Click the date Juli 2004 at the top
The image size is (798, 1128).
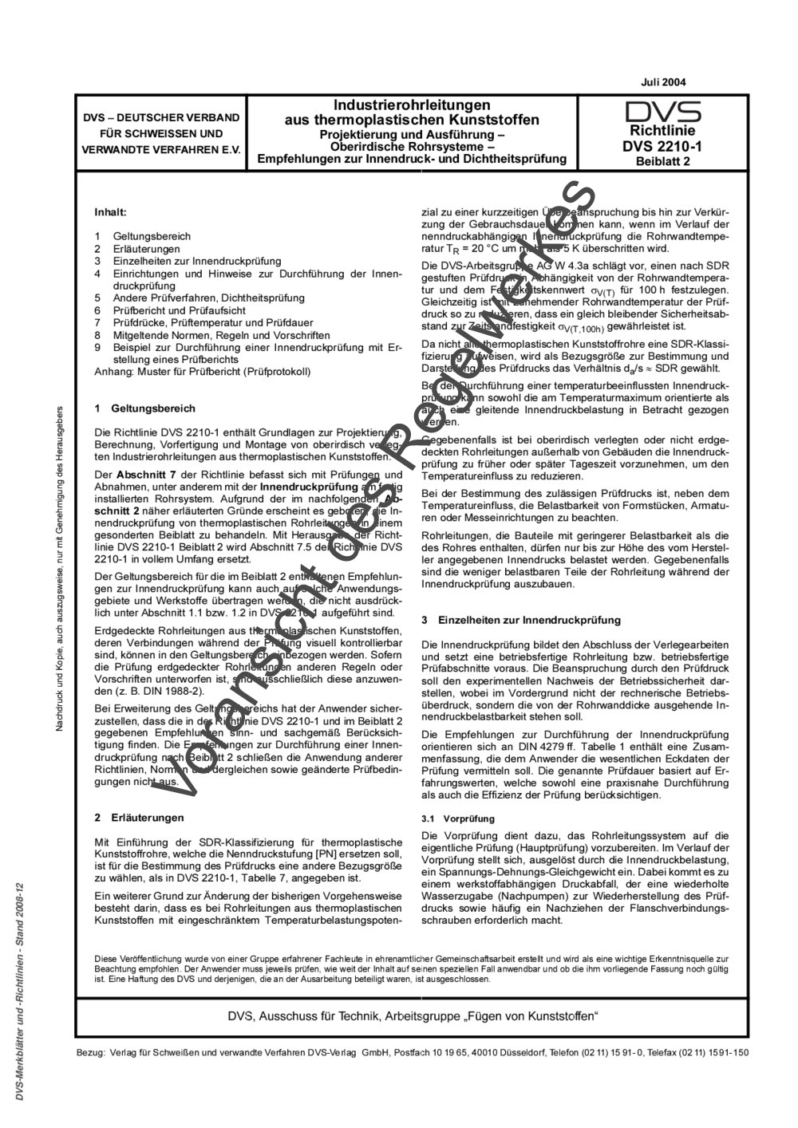(663, 82)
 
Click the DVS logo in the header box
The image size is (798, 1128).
(663, 112)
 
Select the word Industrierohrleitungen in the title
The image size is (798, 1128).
(412, 105)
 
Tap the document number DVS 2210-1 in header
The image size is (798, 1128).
(663, 146)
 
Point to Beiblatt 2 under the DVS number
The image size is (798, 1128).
(663, 160)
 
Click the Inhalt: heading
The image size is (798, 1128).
(111, 213)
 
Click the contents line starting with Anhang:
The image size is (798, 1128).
(202, 371)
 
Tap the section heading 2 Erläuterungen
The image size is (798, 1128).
(139, 818)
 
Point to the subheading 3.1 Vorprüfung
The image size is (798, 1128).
(458, 819)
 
